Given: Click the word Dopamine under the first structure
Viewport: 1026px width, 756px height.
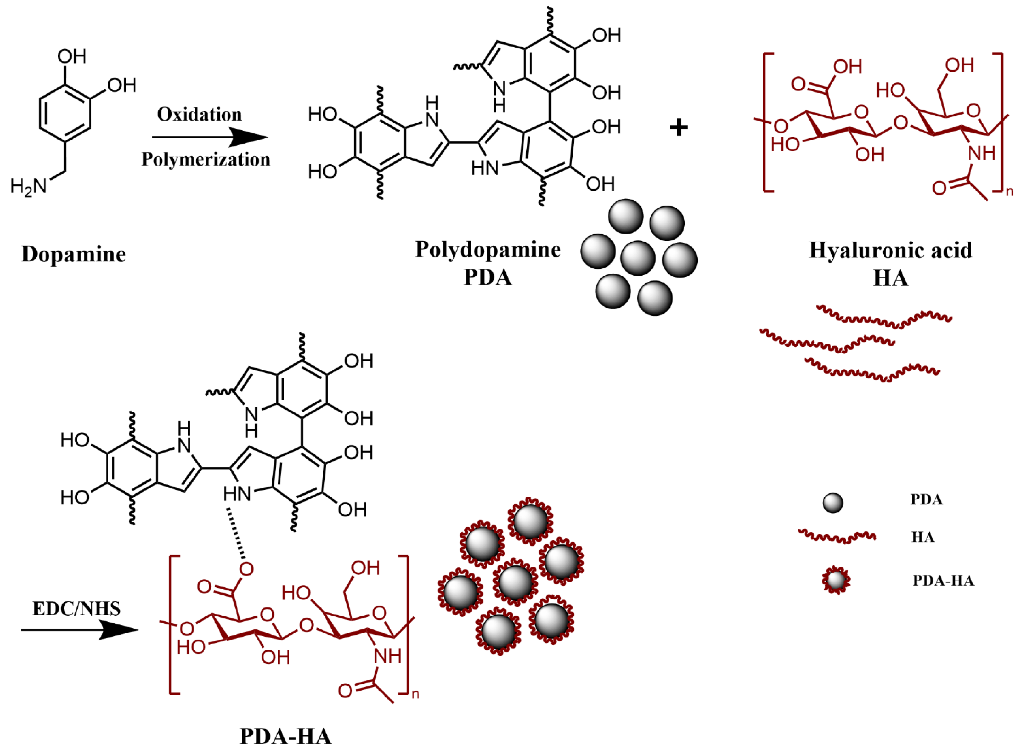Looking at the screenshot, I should [73, 254].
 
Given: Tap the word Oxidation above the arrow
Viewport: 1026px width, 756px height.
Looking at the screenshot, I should [199, 115].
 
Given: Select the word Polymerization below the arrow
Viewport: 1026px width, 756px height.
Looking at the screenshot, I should [206, 159].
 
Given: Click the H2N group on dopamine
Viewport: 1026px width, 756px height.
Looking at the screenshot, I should [28, 186].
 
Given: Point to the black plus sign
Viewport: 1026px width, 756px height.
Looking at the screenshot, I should [678, 127].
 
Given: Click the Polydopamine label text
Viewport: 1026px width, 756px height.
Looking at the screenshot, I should [487, 250].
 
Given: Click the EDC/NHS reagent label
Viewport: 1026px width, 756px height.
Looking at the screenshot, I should [76, 609].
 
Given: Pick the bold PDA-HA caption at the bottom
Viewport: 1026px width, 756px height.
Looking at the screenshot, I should [285, 737].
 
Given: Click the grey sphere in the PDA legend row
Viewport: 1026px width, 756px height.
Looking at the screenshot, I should [833, 503].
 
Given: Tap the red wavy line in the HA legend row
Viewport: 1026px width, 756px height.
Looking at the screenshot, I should [837, 536].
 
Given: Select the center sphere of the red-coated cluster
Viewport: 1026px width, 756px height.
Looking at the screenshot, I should [515, 582].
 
